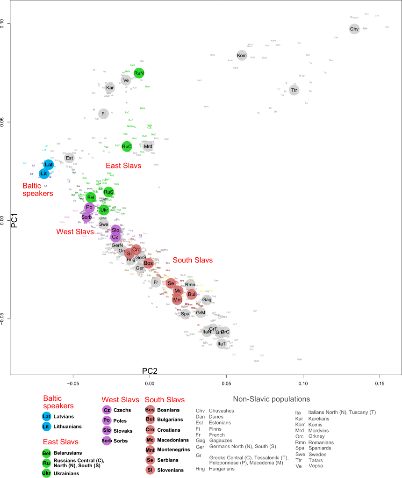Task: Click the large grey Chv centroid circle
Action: pyautogui.click(x=354, y=29)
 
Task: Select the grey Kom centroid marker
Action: pyautogui.click(x=242, y=56)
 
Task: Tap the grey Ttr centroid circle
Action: pyautogui.click(x=294, y=90)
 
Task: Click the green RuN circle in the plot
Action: pyautogui.click(x=139, y=73)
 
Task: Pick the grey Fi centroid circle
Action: pyautogui.click(x=103, y=114)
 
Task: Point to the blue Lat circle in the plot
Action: pyautogui.click(x=49, y=165)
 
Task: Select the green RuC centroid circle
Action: pyautogui.click(x=127, y=147)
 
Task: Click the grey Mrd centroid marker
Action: pyautogui.click(x=148, y=147)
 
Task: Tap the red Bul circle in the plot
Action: pyautogui.click(x=191, y=294)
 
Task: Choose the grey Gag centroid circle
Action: pyautogui.click(x=207, y=300)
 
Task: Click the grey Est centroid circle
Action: pyautogui.click(x=69, y=158)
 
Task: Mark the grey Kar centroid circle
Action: pyautogui.click(x=110, y=87)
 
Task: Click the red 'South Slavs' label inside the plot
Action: pyautogui.click(x=193, y=260)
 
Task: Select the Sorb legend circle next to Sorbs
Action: pyautogui.click(x=107, y=440)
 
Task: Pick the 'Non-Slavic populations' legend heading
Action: pyautogui.click(x=272, y=399)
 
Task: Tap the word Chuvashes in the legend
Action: pyautogui.click(x=222, y=411)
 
